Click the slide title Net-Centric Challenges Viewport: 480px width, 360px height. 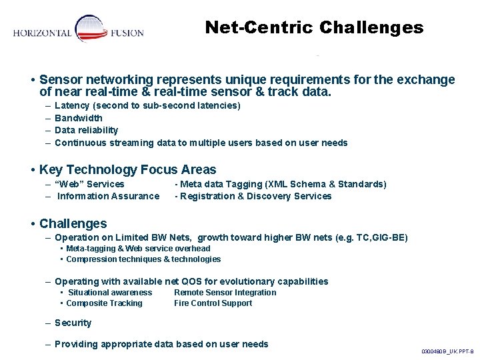314,27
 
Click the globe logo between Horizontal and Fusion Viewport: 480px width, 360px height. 92,30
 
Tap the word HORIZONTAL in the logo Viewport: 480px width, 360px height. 43,33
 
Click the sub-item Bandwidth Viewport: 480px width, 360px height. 79,118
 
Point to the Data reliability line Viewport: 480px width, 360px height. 86,130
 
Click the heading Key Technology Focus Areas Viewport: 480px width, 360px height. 128,170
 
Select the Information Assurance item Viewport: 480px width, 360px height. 108,196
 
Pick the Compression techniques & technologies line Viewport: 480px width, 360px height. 143,259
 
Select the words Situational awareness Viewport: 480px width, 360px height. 110,293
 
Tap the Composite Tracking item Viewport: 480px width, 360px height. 105,303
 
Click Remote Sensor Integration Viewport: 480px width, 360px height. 225,293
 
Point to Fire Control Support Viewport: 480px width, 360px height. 213,303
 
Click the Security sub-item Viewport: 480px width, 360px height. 73,323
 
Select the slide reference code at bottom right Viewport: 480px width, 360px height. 447,351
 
